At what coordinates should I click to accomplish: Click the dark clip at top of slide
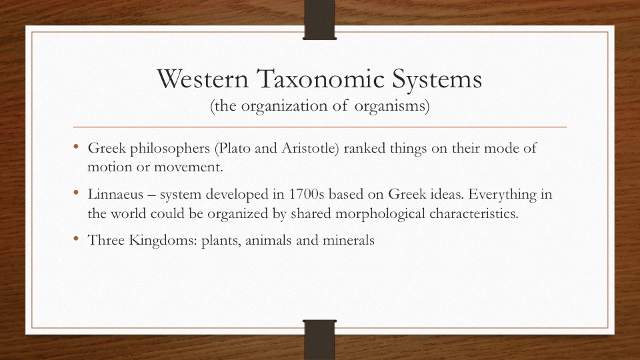319,17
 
